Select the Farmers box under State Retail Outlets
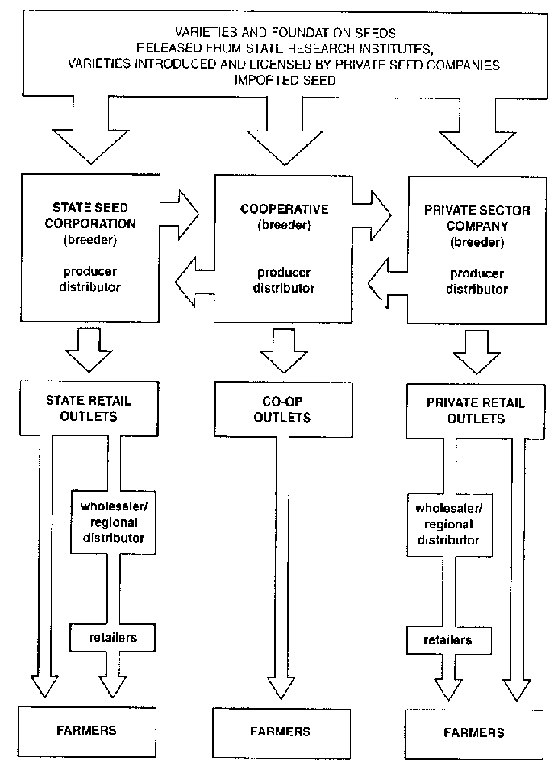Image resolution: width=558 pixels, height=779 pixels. coord(86,730)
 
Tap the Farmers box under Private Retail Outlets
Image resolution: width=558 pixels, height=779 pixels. coord(474,731)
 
